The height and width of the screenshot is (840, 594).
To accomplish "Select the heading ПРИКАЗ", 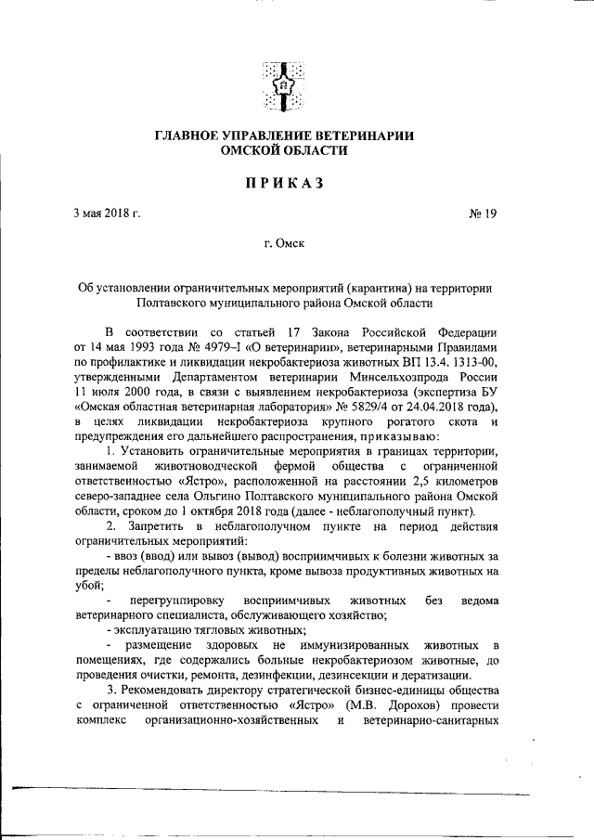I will (284, 183).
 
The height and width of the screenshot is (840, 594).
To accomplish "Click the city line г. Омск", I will (284, 245).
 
